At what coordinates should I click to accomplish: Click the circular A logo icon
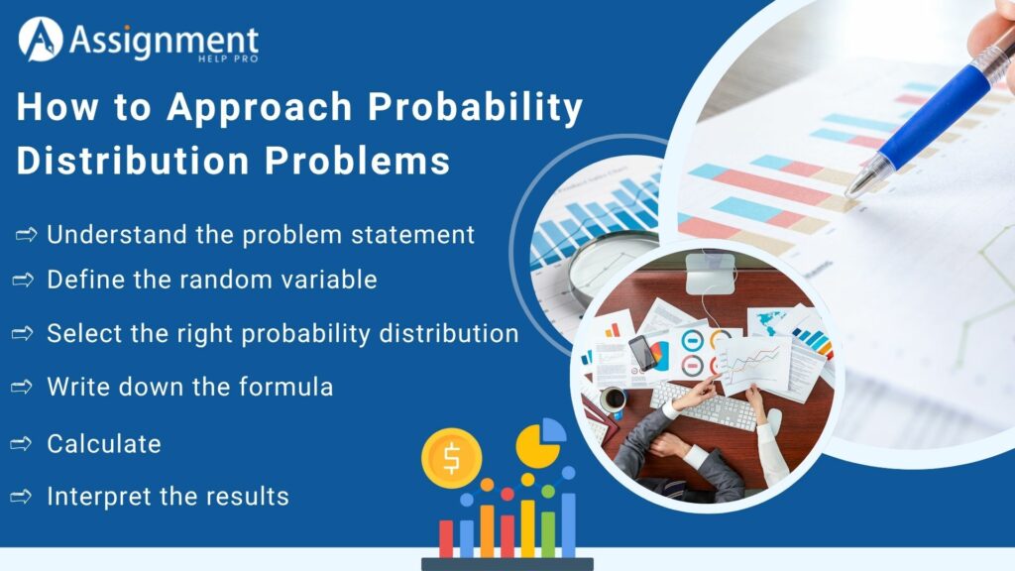point(41,40)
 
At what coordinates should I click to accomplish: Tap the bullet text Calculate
point(104,444)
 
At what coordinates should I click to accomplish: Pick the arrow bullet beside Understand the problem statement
point(27,235)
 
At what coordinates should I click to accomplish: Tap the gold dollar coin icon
point(451,458)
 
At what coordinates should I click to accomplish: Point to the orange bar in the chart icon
point(487,525)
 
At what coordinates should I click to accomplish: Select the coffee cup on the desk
point(614,399)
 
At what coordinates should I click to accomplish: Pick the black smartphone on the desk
point(642,352)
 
